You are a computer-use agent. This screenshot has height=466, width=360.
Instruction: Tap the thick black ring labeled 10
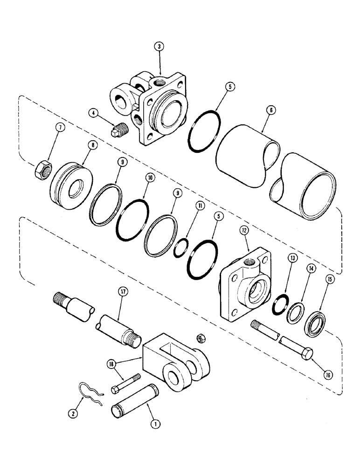click(133, 218)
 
